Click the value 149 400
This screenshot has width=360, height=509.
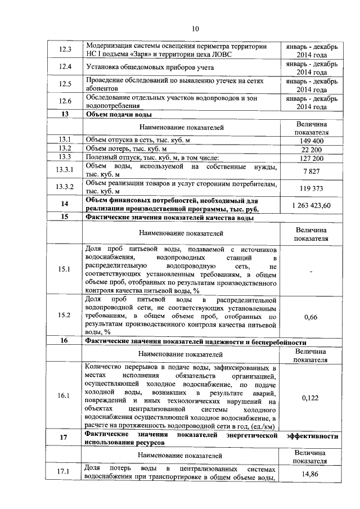coord(311,140)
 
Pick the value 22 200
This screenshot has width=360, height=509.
coord(311,148)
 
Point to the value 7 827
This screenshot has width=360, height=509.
coord(311,170)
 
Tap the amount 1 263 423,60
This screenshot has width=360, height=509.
coord(311,205)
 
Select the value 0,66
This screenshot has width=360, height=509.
coord(311,318)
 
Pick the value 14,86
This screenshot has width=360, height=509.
coord(311,474)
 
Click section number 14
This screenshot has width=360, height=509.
coord(65,204)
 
